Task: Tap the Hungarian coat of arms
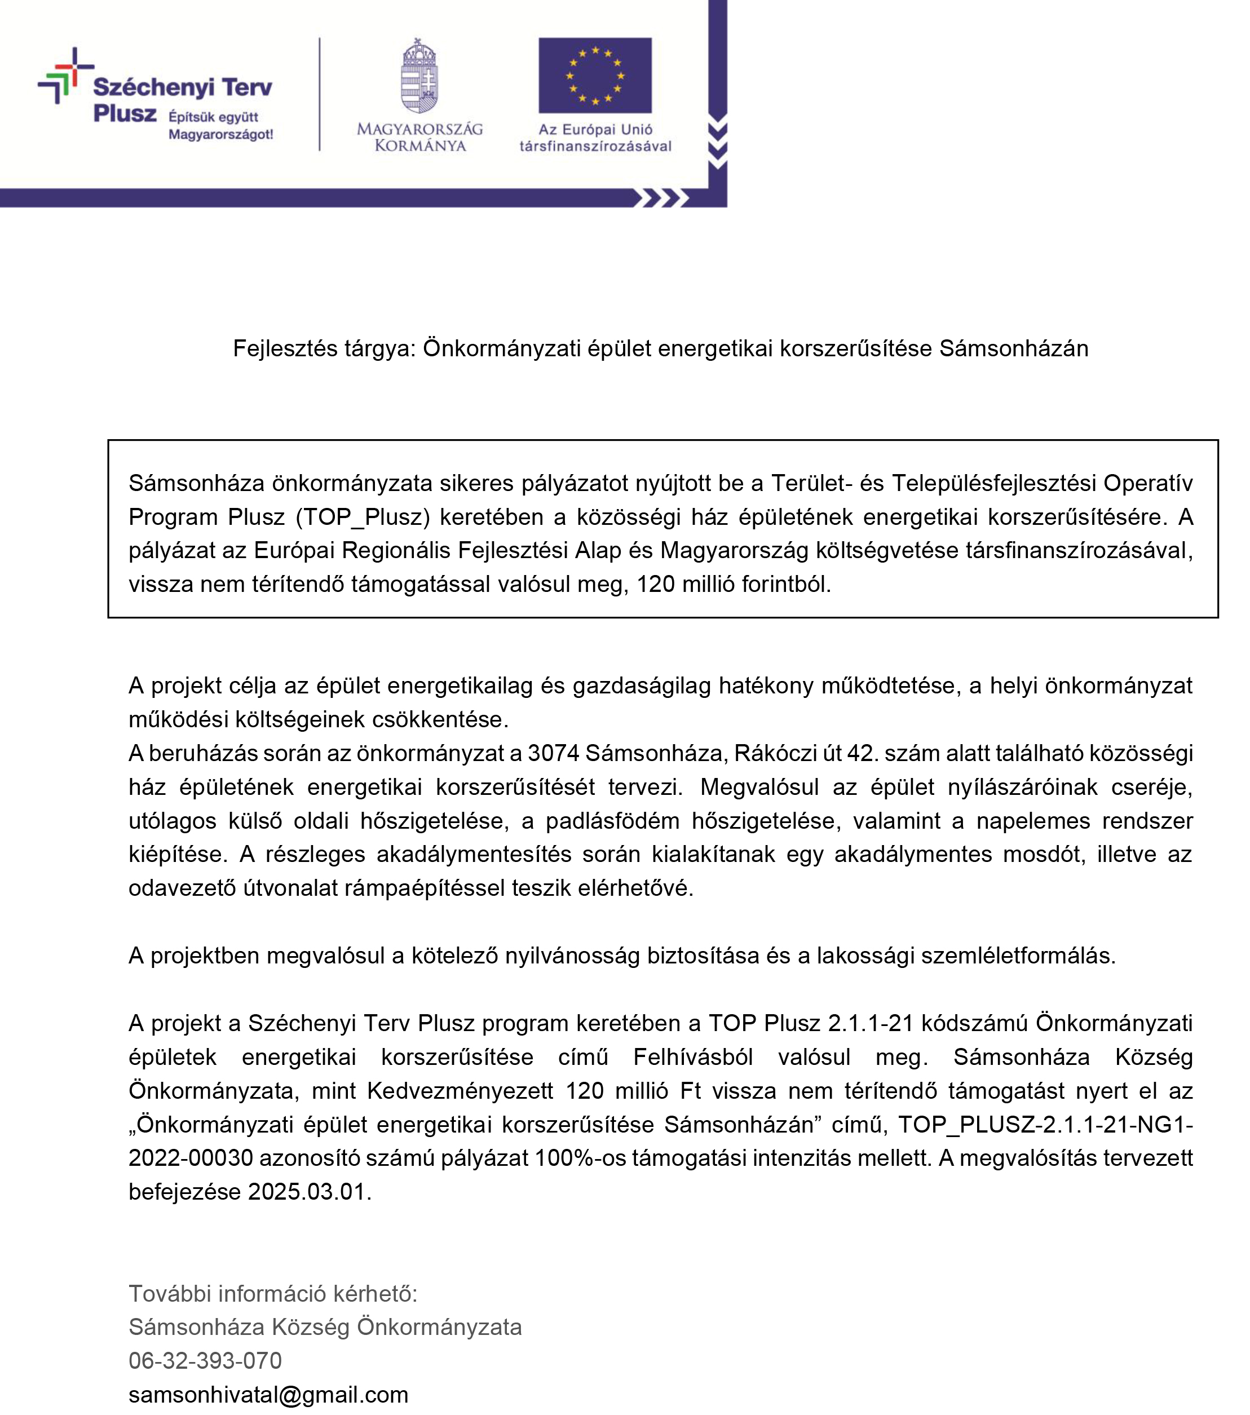click(419, 76)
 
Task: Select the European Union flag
click(594, 75)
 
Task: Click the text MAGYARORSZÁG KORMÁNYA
click(419, 136)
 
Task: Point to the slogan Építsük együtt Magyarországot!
click(220, 125)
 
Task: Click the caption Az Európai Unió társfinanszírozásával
click(595, 137)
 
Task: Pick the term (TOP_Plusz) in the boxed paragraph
click(359, 516)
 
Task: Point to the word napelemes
click(1027, 820)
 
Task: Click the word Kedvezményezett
click(460, 1090)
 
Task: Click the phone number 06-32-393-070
click(205, 1360)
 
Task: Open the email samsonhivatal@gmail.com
click(268, 1394)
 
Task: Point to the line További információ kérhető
click(273, 1293)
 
